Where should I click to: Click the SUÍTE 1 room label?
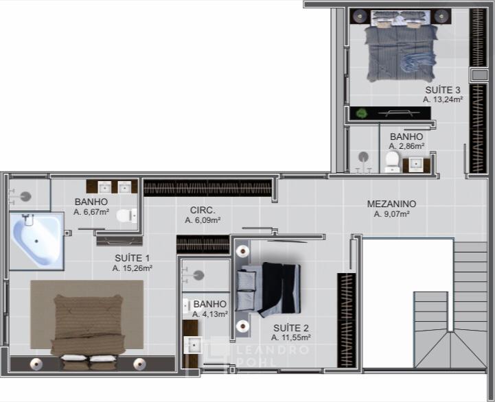click(x=133, y=258)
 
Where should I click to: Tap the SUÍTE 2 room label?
click(x=290, y=328)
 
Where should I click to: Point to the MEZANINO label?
click(x=391, y=204)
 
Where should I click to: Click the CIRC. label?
click(x=203, y=210)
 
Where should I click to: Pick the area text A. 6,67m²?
click(x=91, y=212)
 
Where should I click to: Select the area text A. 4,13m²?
click(x=210, y=314)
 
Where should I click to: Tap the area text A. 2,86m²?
click(x=406, y=146)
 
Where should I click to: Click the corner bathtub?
click(x=36, y=241)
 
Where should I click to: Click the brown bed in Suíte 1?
click(x=87, y=331)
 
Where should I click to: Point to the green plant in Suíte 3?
click(x=360, y=113)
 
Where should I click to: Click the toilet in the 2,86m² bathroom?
click(x=392, y=162)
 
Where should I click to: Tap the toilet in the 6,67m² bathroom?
click(x=127, y=215)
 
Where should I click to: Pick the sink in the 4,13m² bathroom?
click(x=193, y=345)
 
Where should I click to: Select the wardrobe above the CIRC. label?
click(x=207, y=188)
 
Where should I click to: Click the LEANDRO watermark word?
click(x=272, y=350)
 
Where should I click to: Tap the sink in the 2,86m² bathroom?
click(x=417, y=165)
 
